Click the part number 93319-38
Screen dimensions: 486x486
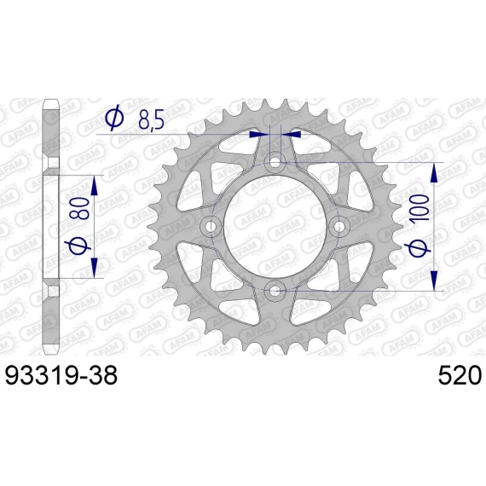(61, 375)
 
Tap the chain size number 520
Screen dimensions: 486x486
(460, 375)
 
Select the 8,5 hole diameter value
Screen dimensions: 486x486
(151, 119)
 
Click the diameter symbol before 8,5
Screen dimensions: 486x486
(115, 119)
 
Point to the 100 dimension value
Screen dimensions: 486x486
(419, 207)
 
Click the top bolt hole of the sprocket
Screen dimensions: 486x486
(275, 161)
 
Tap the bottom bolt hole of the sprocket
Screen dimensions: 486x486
(275, 291)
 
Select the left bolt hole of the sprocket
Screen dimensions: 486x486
(211, 226)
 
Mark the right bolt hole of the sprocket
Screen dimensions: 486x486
(339, 226)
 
